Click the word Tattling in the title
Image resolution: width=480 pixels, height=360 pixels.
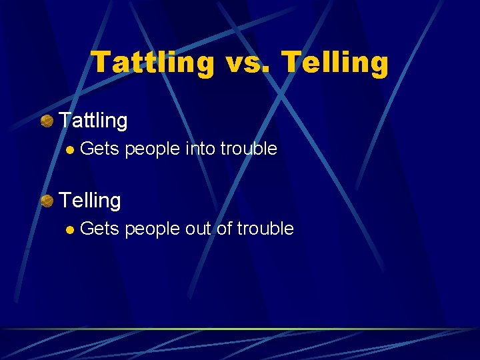pos(153,63)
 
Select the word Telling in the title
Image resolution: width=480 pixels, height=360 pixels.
pos(335,63)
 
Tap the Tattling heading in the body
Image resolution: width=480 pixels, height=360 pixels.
pos(93,121)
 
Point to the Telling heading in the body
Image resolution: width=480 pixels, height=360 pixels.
pos(90,200)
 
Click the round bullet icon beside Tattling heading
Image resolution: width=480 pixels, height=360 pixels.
pos(47,121)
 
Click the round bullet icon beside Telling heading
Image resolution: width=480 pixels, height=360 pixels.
pos(47,200)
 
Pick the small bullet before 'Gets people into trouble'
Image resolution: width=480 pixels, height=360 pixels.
pos(69,149)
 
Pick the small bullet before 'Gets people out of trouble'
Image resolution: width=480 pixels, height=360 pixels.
pos(69,229)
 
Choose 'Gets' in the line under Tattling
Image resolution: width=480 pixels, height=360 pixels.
pos(99,149)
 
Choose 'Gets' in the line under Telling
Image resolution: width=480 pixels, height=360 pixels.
pos(99,229)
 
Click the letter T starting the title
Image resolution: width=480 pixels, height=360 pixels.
pos(101,63)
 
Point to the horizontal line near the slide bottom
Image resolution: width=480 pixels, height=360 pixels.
pos(240,329)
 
